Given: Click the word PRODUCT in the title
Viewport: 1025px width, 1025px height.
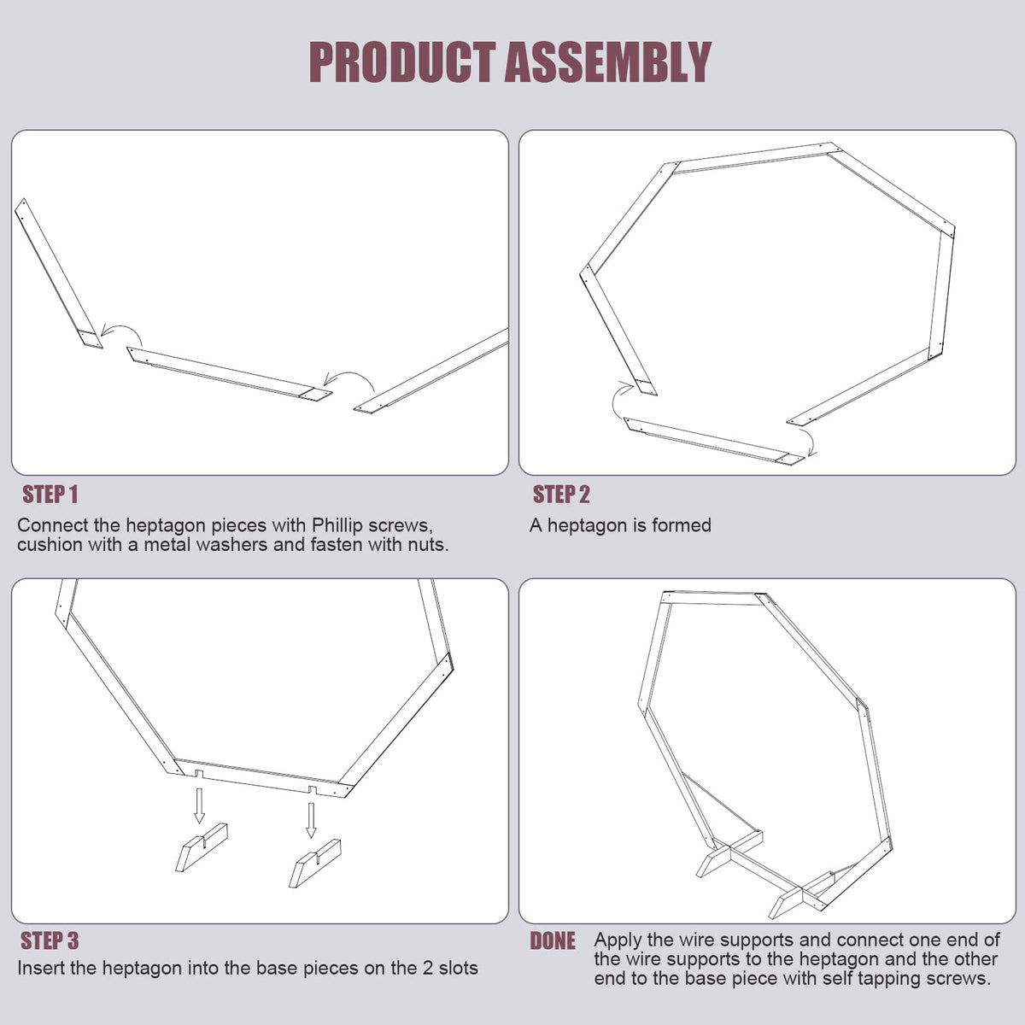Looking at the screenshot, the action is click(402, 62).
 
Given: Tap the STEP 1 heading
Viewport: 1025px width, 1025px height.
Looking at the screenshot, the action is click(50, 495).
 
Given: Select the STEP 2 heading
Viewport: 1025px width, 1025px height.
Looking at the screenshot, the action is click(561, 495).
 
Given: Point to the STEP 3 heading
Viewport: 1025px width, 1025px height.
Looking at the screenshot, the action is click(50, 940).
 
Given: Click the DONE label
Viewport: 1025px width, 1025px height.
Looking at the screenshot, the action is click(553, 940).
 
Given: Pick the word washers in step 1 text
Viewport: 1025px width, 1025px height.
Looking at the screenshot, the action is click(237, 545).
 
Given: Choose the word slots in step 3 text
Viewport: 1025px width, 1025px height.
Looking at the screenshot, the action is click(458, 968).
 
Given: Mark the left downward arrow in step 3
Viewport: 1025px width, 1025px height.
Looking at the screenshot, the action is click(199, 805).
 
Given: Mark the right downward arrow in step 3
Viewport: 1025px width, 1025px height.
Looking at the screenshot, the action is click(311, 820).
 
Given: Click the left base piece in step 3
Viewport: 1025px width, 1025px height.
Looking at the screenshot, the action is click(202, 847).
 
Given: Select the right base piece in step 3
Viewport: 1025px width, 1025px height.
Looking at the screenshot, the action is click(315, 864).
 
